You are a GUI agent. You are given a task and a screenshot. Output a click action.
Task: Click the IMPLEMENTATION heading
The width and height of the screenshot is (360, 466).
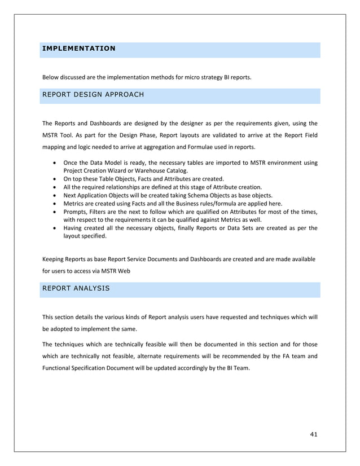(78, 49)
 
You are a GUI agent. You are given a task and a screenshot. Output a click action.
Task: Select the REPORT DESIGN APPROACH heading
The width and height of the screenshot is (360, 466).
(93, 95)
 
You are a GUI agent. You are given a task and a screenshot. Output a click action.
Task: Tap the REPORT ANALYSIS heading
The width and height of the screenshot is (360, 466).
(76, 288)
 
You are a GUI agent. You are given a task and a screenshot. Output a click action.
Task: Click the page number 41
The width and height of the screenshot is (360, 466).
(314, 433)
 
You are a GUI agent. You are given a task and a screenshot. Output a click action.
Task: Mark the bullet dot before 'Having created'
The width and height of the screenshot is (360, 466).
(53, 228)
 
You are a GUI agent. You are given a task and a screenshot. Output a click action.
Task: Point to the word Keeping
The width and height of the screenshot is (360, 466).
(55, 259)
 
